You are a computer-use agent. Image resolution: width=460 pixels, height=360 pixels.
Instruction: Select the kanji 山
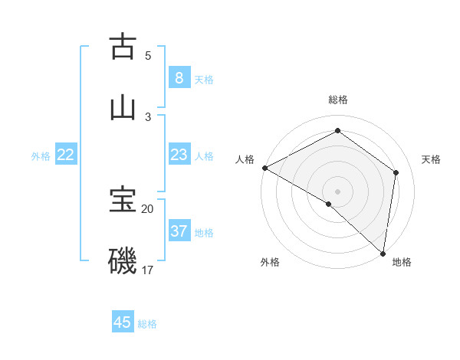click(123, 108)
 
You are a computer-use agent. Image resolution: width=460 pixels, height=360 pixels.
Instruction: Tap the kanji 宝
click(123, 200)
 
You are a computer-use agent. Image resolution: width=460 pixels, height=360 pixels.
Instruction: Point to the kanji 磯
click(123, 261)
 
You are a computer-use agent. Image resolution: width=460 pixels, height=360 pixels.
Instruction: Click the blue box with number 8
click(179, 78)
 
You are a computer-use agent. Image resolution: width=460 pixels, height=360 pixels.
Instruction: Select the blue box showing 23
click(179, 155)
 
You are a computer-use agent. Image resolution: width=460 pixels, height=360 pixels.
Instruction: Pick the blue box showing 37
click(179, 231)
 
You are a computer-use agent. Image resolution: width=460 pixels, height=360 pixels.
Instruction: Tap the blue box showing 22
click(66, 155)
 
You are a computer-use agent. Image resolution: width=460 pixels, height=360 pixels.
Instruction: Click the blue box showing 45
click(123, 322)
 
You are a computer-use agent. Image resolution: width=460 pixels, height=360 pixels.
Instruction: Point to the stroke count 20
click(148, 208)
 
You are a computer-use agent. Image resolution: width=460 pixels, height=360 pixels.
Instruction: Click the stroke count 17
click(148, 270)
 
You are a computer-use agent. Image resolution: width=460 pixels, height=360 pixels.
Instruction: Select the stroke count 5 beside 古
click(148, 55)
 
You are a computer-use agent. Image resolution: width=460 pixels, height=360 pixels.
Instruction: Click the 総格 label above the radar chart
click(338, 100)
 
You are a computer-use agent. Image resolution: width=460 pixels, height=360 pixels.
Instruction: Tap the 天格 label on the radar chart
click(431, 159)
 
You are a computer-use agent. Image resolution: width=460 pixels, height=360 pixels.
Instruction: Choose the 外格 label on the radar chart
click(270, 262)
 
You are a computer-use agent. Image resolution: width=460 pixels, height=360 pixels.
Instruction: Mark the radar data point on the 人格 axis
click(264, 168)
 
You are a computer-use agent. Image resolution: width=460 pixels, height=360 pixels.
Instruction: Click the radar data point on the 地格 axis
click(383, 253)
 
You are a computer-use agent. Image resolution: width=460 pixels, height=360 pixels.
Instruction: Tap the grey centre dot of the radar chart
click(337, 191)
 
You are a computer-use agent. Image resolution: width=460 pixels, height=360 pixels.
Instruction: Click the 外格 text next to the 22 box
click(41, 156)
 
